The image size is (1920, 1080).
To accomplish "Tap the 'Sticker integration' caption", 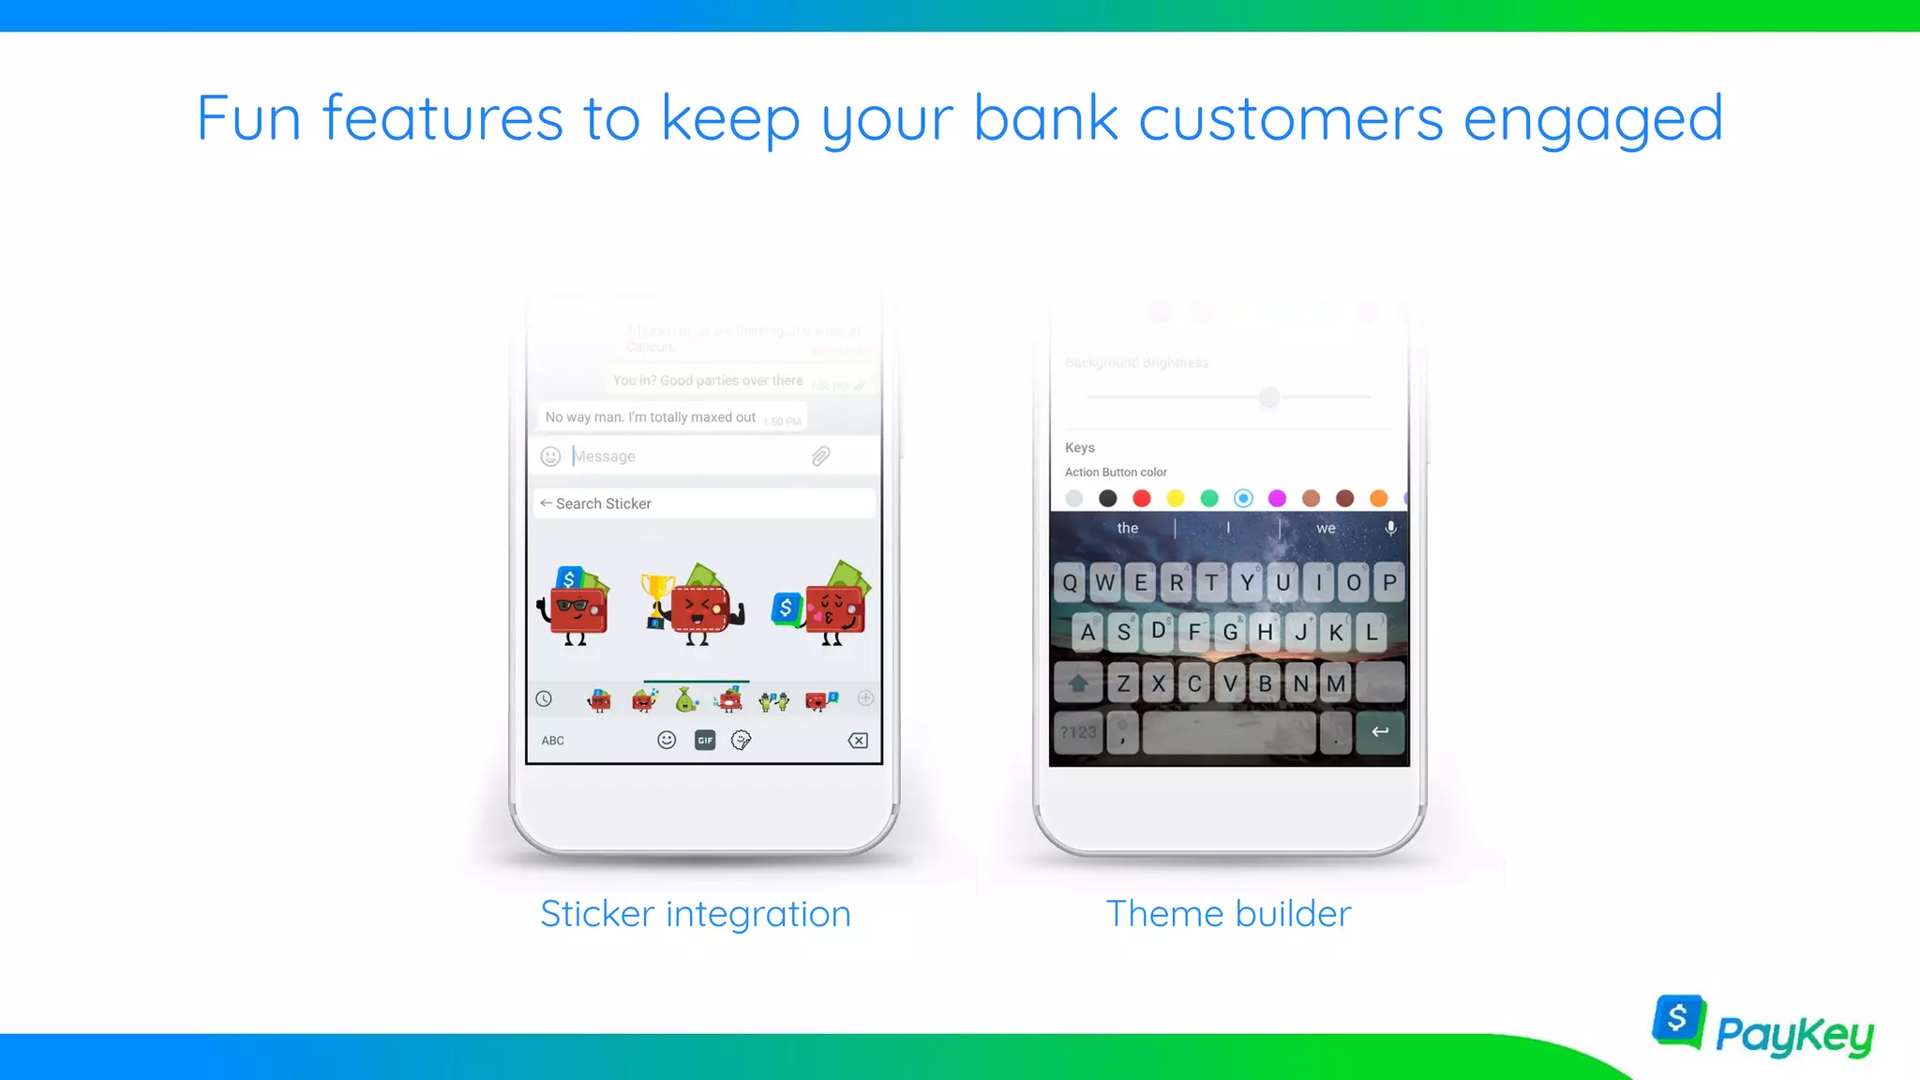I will [x=696, y=913].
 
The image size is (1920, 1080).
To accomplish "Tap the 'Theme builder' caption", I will [x=1228, y=913].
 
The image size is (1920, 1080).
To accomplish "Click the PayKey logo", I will [x=1762, y=1028].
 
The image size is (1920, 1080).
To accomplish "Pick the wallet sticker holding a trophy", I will [x=694, y=606].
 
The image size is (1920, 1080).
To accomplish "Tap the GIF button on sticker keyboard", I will [x=705, y=741].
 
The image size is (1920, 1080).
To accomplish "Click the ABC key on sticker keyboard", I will [x=552, y=741].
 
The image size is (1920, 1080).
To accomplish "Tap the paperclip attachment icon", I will [x=820, y=457].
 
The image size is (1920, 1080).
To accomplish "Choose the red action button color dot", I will [x=1141, y=498].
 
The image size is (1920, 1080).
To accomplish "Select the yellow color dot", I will [x=1176, y=498].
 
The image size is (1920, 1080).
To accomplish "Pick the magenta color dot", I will [x=1277, y=498].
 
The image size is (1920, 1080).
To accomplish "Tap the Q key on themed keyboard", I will [x=1070, y=582].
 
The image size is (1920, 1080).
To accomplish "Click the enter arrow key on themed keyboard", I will [x=1380, y=731].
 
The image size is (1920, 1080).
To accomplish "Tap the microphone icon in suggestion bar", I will [x=1391, y=528].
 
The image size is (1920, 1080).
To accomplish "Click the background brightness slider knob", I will [x=1268, y=397].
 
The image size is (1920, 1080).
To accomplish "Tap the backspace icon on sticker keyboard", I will [x=858, y=741].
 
